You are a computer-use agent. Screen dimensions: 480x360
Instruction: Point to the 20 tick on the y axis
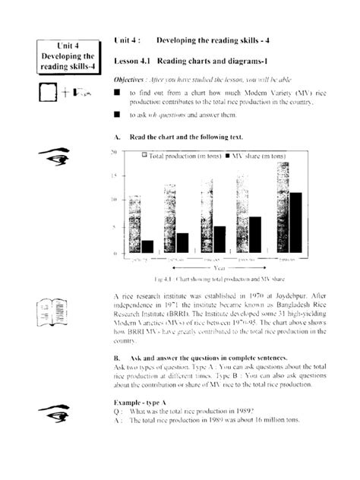click(x=113, y=152)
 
